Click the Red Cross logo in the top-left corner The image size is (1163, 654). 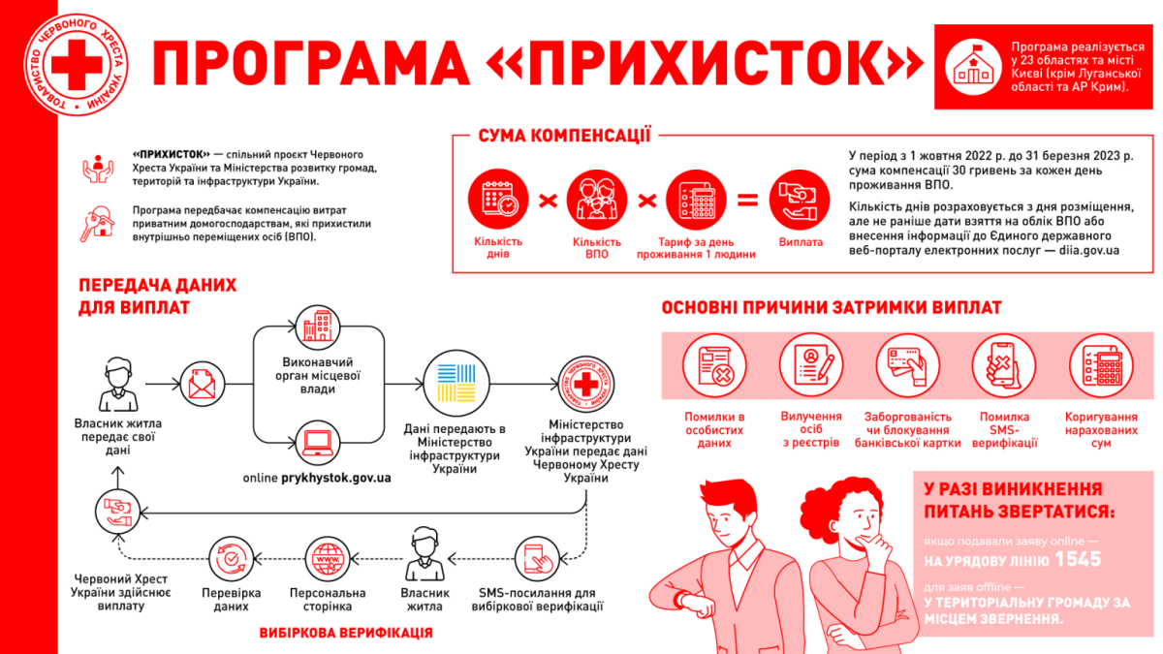coord(77,64)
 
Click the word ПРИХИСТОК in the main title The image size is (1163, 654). coord(707,63)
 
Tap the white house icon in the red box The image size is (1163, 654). coord(973,68)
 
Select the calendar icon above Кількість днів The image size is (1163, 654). coord(498,199)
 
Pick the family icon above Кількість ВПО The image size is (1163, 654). coord(597,200)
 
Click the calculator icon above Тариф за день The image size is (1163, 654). coord(696,200)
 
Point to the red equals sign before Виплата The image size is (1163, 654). coord(747,201)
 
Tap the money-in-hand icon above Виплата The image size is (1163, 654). coord(800,200)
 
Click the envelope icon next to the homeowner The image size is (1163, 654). coord(202,384)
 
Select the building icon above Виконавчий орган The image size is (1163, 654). coord(318,327)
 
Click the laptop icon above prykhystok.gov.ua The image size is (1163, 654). coord(318,443)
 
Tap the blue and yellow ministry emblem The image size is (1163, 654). coord(456,383)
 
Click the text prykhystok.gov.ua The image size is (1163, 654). coord(336,478)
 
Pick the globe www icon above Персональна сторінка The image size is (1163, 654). coord(328,559)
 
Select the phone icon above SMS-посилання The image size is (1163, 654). coord(537,559)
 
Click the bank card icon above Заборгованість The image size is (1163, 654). coord(907,365)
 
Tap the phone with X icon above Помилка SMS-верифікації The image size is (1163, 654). coord(1004,365)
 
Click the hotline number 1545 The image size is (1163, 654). coord(1078,559)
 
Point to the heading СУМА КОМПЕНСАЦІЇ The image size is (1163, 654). coord(564,136)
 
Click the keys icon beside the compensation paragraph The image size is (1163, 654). coord(98,224)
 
